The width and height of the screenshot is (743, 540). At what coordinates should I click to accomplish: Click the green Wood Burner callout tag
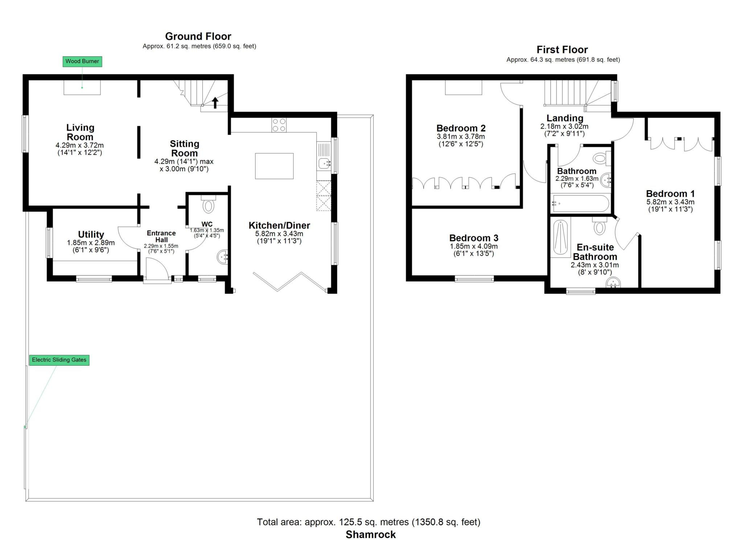pyautogui.click(x=82, y=61)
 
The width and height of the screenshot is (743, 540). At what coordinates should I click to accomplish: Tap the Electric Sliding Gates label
pyautogui.click(x=59, y=360)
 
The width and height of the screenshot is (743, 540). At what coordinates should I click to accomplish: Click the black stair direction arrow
pyautogui.click(x=215, y=103)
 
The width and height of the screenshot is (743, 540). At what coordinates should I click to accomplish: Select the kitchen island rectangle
pyautogui.click(x=274, y=166)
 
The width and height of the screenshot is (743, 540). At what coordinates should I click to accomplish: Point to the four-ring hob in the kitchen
pyautogui.click(x=279, y=125)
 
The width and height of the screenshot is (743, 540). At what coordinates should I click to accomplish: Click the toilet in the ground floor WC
pyautogui.click(x=208, y=204)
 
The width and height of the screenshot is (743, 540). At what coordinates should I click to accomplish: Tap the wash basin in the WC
pyautogui.click(x=222, y=257)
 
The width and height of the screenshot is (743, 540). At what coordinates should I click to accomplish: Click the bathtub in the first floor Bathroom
pyautogui.click(x=580, y=203)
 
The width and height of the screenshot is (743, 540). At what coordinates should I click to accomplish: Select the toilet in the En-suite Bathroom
pyautogui.click(x=600, y=226)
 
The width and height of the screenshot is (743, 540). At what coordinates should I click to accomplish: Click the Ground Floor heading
pyautogui.click(x=198, y=36)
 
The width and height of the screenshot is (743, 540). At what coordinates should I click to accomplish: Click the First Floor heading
pyautogui.click(x=562, y=50)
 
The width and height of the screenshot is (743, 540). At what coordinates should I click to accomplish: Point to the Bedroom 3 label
pyautogui.click(x=474, y=238)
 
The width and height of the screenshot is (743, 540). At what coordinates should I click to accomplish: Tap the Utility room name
pyautogui.click(x=91, y=234)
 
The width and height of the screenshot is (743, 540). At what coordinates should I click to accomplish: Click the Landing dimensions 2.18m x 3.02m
pyautogui.click(x=565, y=127)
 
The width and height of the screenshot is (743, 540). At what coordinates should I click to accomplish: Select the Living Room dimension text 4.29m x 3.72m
pyautogui.click(x=79, y=145)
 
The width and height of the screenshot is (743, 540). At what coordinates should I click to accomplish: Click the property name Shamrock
pyautogui.click(x=371, y=534)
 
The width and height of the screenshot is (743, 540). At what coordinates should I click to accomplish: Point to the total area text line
pyautogui.click(x=369, y=522)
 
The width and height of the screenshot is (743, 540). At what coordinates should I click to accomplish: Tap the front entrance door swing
pyautogui.click(x=157, y=268)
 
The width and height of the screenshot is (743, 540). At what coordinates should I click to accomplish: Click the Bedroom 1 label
pyautogui.click(x=670, y=194)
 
